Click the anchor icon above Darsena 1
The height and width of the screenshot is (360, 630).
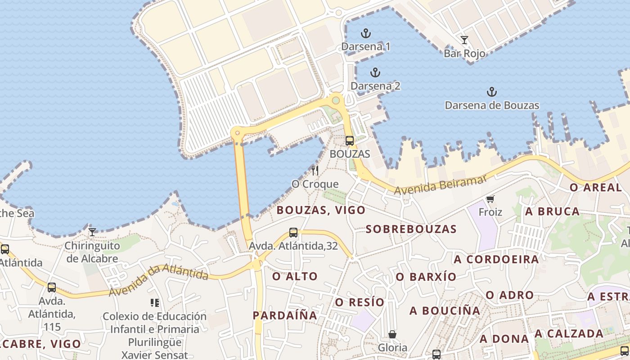click(x=366, y=33)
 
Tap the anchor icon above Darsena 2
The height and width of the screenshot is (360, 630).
click(x=375, y=72)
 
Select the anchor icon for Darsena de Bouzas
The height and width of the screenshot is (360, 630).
click(x=492, y=92)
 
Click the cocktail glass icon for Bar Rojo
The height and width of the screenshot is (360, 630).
click(x=464, y=40)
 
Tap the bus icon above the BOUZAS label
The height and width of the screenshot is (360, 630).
click(x=350, y=141)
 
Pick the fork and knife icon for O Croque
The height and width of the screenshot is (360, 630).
click(x=315, y=170)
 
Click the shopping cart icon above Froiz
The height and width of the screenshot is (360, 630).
click(x=490, y=199)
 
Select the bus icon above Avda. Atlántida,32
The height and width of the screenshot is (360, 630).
click(x=293, y=233)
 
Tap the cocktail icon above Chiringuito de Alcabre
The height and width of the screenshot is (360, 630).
click(x=92, y=232)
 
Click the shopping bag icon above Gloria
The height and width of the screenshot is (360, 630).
click(x=392, y=334)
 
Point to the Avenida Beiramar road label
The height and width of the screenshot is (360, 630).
click(x=441, y=185)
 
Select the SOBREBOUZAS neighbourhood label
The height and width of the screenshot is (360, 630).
click(x=411, y=229)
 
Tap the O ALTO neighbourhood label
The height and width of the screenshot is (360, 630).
click(x=295, y=276)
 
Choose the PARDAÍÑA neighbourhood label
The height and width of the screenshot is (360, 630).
click(x=285, y=315)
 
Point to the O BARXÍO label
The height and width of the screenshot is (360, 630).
click(x=426, y=277)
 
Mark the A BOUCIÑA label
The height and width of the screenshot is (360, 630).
click(x=445, y=310)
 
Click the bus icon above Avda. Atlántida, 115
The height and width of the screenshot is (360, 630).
click(x=52, y=287)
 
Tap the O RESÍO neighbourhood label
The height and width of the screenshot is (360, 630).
click(x=360, y=302)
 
